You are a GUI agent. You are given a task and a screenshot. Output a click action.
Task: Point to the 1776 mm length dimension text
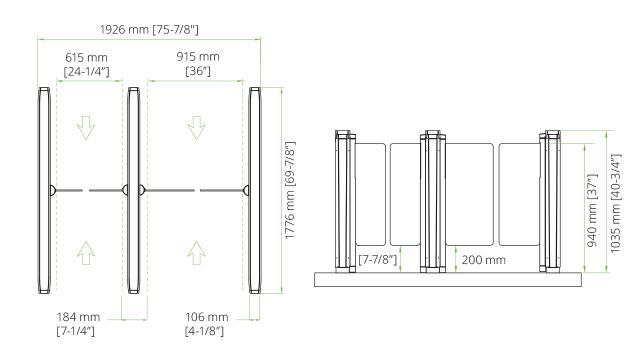[288, 190]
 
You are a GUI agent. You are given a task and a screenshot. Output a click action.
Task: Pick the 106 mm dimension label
[202, 322]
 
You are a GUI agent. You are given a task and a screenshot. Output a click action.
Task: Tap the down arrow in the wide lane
[188, 127]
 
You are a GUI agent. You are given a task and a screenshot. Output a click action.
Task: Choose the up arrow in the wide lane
[188, 251]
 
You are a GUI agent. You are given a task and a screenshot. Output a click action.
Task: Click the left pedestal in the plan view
[43, 190]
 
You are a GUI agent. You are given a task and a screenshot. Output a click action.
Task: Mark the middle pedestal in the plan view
[131, 190]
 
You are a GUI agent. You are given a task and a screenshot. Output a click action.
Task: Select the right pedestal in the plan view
[255, 190]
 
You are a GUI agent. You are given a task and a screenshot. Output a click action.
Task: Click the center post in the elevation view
[432, 200]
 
